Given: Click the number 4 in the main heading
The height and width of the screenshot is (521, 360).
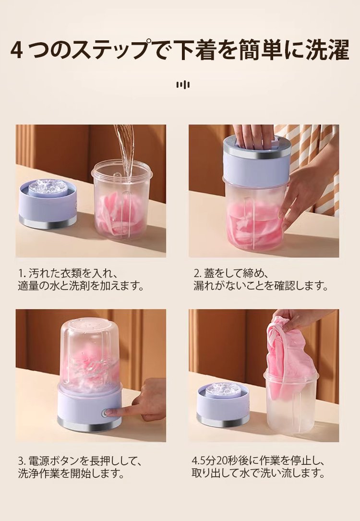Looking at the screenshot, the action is [16, 50].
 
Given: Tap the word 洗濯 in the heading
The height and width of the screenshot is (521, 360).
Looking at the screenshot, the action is [327, 50].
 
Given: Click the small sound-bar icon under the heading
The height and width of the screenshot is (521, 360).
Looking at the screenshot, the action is [183, 85].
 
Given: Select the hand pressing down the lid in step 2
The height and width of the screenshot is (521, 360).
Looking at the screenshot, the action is [253, 136].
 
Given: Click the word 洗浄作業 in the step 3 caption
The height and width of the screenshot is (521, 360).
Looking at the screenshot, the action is [39, 473].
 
